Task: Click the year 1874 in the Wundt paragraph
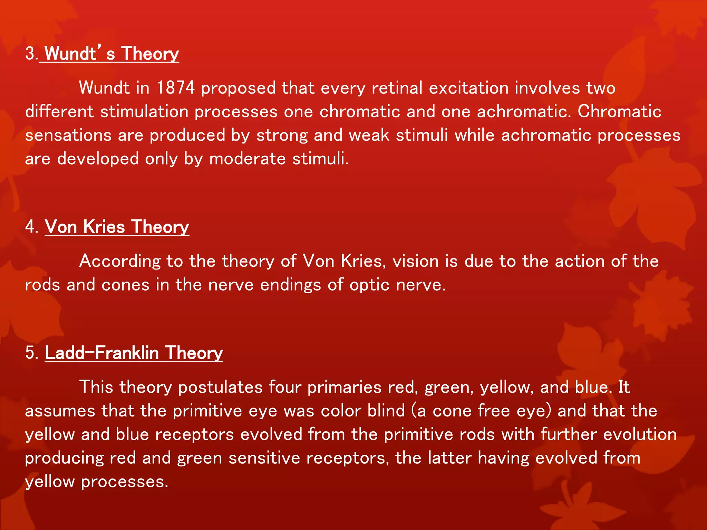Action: coord(175,88)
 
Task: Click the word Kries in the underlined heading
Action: coord(104,227)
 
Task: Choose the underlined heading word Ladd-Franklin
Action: coord(101,353)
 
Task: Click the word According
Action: coord(120,262)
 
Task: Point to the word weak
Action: coord(369,135)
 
